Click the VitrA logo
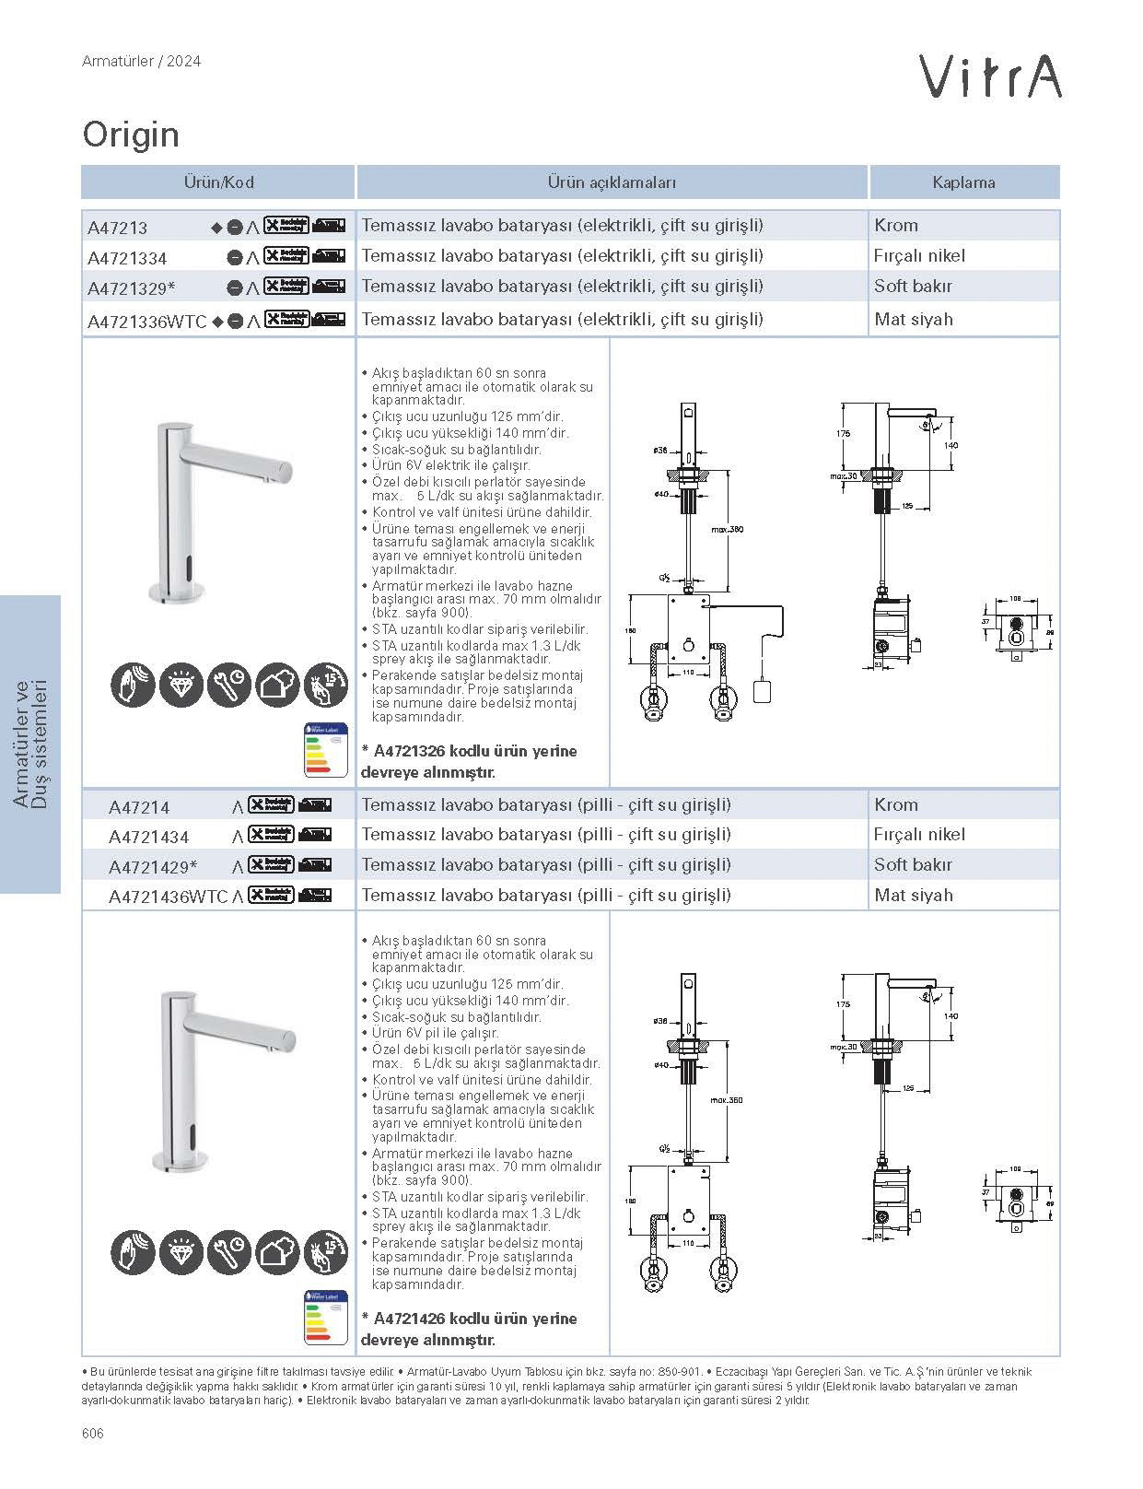(x=992, y=76)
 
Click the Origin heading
(x=131, y=135)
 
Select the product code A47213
(x=117, y=228)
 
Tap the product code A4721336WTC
(x=146, y=322)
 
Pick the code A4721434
(x=148, y=837)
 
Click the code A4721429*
(x=152, y=867)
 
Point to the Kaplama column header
(x=963, y=182)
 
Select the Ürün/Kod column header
(x=218, y=182)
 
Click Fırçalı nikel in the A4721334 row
(x=919, y=255)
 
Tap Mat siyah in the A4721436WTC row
(x=914, y=895)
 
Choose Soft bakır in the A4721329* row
(x=913, y=286)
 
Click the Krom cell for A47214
(x=896, y=804)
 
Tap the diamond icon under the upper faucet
(x=181, y=685)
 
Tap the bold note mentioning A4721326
(x=470, y=761)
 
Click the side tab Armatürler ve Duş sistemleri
(x=31, y=744)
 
